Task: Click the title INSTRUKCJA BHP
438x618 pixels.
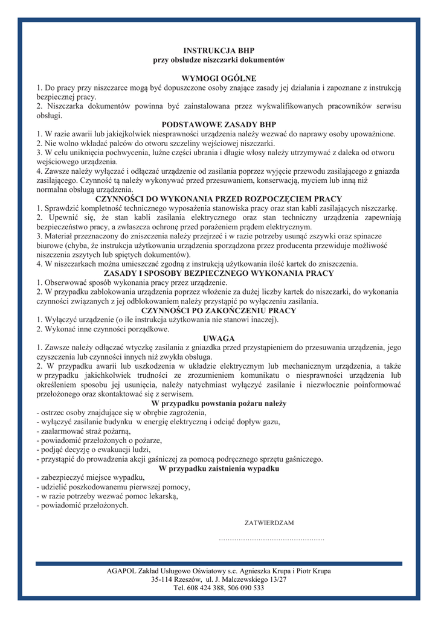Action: [x=219, y=51]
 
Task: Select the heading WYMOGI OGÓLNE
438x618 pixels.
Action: [x=219, y=78]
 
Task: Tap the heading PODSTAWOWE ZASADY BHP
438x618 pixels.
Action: [x=219, y=124]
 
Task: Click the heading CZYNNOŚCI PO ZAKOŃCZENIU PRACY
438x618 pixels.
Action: [x=219, y=311]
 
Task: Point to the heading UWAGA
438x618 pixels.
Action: [x=219, y=339]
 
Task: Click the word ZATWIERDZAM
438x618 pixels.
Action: [x=269, y=522]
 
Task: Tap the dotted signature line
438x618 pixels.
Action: [x=271, y=538]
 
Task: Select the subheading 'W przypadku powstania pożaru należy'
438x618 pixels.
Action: [x=219, y=403]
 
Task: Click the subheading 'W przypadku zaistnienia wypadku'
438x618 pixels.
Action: [x=219, y=468]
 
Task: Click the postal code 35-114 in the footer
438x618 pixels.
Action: [x=165, y=579]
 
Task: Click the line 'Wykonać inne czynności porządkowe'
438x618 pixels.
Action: [x=103, y=329]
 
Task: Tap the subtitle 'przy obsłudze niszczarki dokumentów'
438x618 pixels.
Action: [x=219, y=60]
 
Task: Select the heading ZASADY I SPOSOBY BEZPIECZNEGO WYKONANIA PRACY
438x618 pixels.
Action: [x=219, y=273]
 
